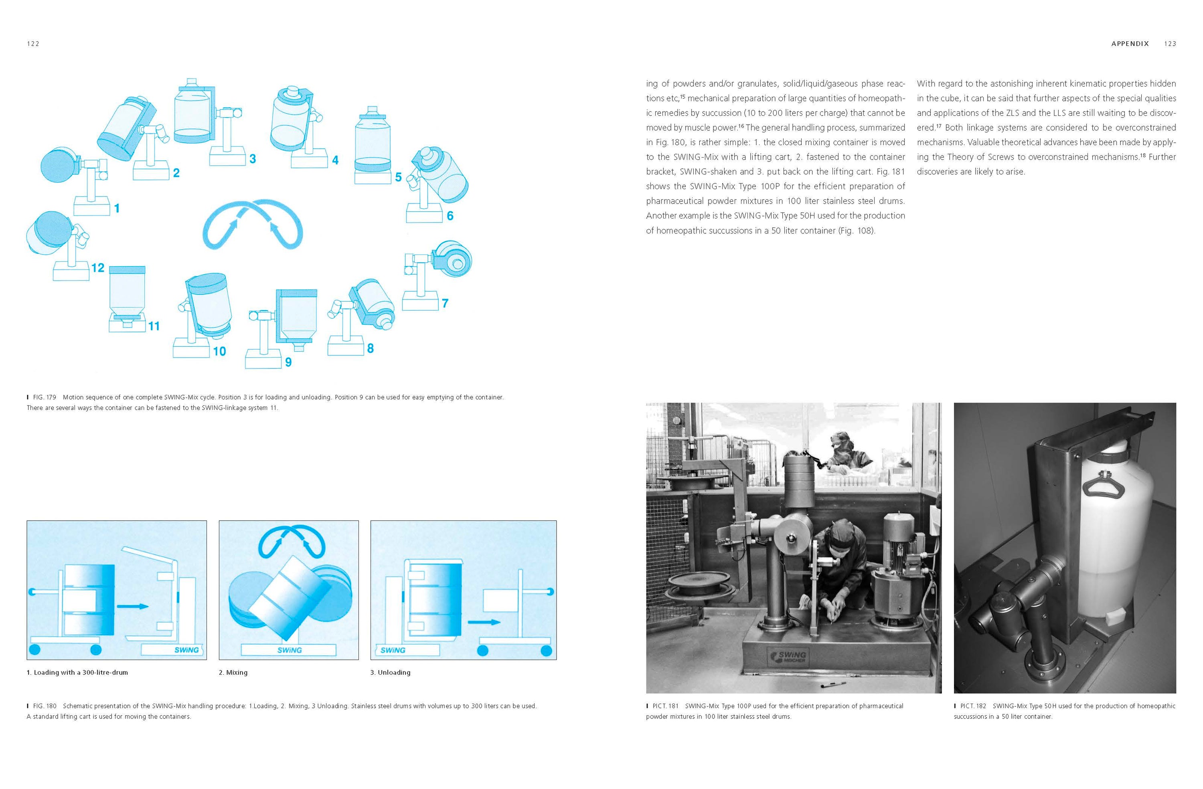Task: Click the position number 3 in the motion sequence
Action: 253,159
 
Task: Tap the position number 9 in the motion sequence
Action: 288,362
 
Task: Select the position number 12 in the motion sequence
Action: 97,268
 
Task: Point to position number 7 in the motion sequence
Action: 445,303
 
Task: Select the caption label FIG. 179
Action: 44,397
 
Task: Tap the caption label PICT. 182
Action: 972,706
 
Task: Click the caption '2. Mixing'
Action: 233,672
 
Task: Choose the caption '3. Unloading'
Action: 390,672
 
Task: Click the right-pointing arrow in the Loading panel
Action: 132,606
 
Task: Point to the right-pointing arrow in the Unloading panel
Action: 484,622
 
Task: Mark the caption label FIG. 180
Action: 44,706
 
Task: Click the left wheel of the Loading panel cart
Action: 35,649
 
